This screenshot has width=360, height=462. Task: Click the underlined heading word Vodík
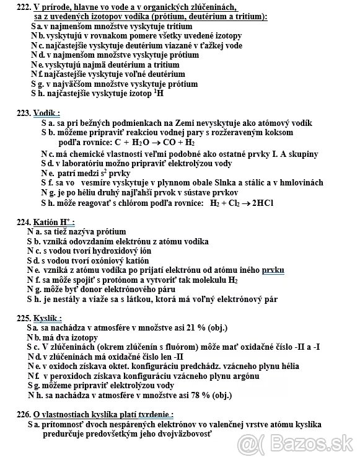tap(46, 113)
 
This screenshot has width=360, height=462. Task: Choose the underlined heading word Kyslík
tap(46, 316)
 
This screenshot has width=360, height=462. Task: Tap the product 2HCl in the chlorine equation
tap(261, 203)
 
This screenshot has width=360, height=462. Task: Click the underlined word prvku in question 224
tap(274, 270)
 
